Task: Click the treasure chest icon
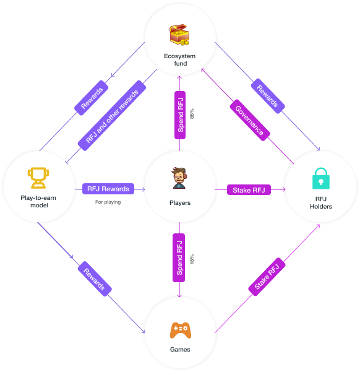point(179,35)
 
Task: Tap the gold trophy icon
point(38,178)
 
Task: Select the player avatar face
point(179,178)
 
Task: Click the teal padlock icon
point(321,178)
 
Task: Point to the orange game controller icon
point(181,330)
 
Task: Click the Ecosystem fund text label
point(180,60)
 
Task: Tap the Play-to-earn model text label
point(38,201)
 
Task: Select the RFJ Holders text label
point(321,202)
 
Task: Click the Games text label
point(180,349)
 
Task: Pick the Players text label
point(180,203)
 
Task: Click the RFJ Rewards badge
point(108,189)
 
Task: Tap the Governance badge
point(250,120)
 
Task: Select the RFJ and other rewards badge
point(112,116)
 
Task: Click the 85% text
point(192,114)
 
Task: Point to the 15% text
point(192,259)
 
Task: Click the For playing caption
point(108,202)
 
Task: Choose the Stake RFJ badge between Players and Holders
point(249,190)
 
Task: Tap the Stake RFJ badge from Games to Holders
point(267,277)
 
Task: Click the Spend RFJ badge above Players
point(180,115)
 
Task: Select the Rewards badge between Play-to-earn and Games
point(95,279)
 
